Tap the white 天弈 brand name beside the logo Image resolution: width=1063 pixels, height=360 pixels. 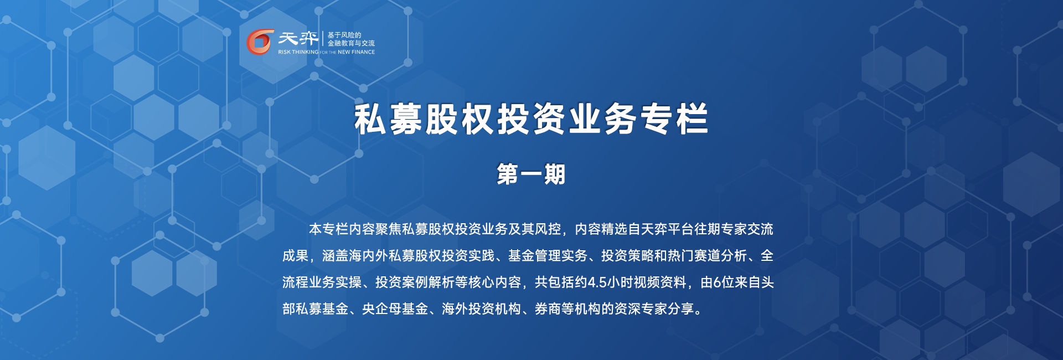click(298, 38)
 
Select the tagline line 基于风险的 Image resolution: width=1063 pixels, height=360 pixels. click(344, 35)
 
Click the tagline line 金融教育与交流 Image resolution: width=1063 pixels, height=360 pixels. click(351, 43)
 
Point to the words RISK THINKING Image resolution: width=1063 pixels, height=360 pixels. click(298, 52)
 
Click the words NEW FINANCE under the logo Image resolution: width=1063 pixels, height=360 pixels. click(356, 52)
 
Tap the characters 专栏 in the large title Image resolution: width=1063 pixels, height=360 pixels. click(674, 119)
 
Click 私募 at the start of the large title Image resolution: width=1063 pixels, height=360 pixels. click(389, 119)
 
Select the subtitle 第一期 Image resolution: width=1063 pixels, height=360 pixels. click(531, 174)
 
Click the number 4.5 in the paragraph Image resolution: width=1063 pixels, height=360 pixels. click(597, 282)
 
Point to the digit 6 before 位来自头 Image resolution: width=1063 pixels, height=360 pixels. click(717, 282)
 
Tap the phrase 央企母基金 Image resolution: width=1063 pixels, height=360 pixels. click(395, 309)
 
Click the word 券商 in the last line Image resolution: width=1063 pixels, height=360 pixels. click(548, 309)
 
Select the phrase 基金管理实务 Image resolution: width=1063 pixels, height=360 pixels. click(548, 256)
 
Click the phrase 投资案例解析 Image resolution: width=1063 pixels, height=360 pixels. click(415, 282)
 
